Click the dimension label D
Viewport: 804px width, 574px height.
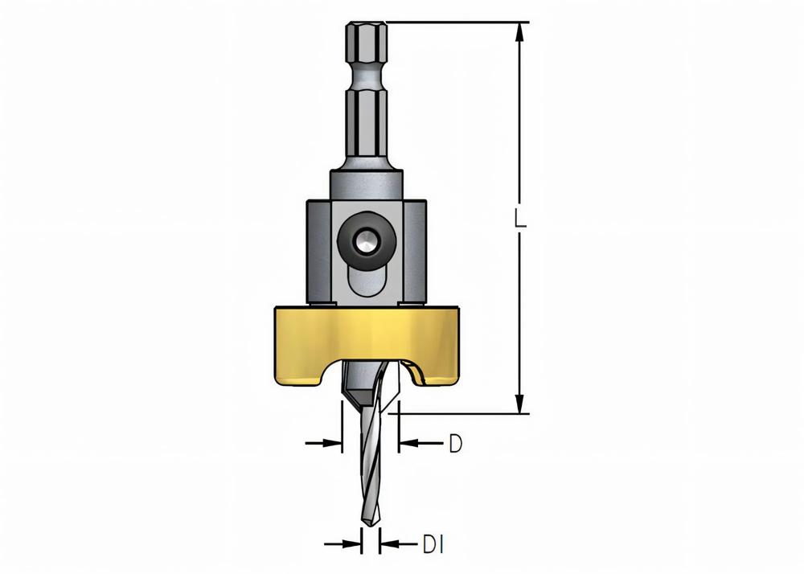pyautogui.click(x=455, y=443)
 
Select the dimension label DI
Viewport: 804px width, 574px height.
pyautogui.click(x=433, y=544)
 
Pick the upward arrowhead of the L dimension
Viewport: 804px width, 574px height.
pyautogui.click(x=520, y=34)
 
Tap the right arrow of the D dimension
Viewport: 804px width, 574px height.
pyautogui.click(x=408, y=442)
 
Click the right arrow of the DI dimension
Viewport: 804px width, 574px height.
pyautogui.click(x=389, y=544)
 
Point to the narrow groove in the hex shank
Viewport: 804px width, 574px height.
pyautogui.click(x=366, y=80)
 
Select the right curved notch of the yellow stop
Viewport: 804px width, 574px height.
pyautogui.click(x=416, y=371)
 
